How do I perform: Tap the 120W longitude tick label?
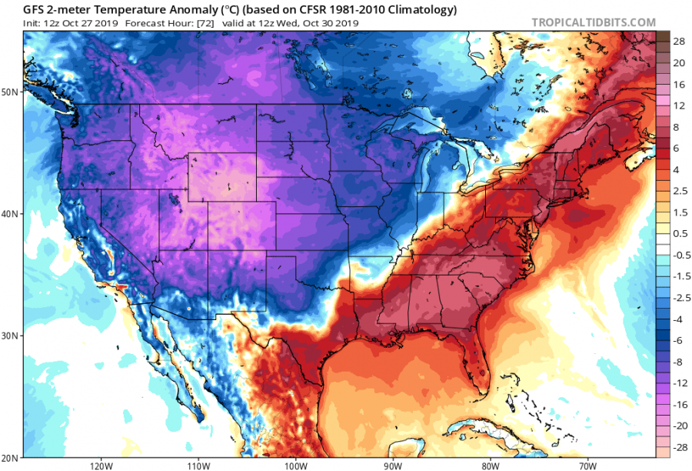click(101, 465)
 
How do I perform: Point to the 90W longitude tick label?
click(394, 465)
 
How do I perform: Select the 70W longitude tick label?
click(589, 465)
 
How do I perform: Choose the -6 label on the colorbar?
click(680, 339)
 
